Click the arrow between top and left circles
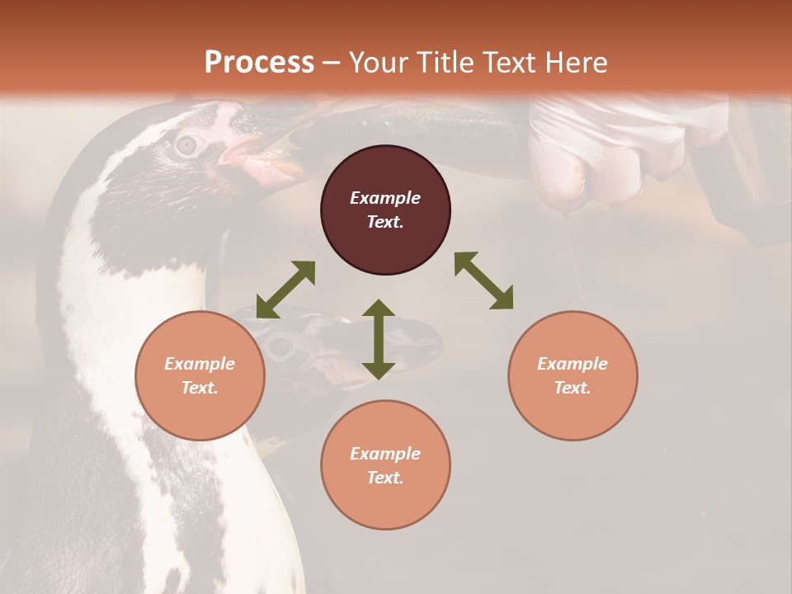coord(285,290)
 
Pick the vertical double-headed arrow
coord(379,339)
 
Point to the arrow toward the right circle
coord(483,280)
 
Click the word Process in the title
coord(259,62)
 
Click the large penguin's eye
coord(188,145)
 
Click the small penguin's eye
coord(281,346)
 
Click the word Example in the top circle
coord(385,198)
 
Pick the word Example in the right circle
coord(573,364)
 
